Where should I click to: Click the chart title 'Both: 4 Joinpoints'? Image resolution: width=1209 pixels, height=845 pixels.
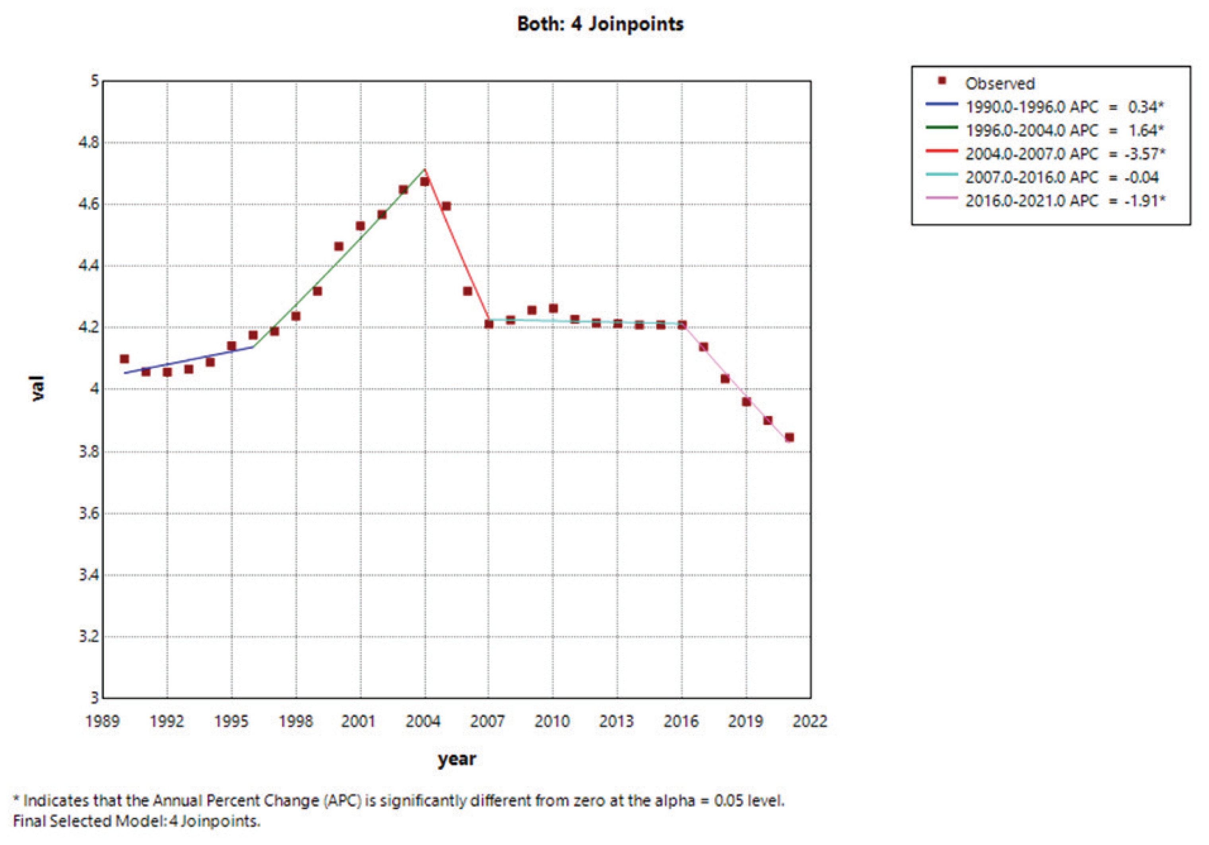pyautogui.click(x=600, y=24)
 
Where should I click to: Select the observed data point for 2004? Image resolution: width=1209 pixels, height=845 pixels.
pyautogui.click(x=425, y=181)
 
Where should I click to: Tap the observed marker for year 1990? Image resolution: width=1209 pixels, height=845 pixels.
pyautogui.click(x=124, y=359)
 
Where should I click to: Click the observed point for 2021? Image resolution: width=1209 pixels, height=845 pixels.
pyautogui.click(x=789, y=437)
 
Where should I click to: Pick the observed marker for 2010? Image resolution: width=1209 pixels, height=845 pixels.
pyautogui.click(x=553, y=308)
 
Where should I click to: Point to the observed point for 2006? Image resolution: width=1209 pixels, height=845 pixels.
pyautogui.click(x=467, y=291)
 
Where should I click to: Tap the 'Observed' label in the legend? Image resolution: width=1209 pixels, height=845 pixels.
pyautogui.click(x=999, y=83)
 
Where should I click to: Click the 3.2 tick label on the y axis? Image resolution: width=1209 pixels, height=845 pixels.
pyautogui.click(x=89, y=636)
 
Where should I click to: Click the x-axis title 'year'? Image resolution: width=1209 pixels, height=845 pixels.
pyautogui.click(x=456, y=759)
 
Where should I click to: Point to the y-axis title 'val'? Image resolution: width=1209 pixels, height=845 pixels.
pyautogui.click(x=37, y=389)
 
